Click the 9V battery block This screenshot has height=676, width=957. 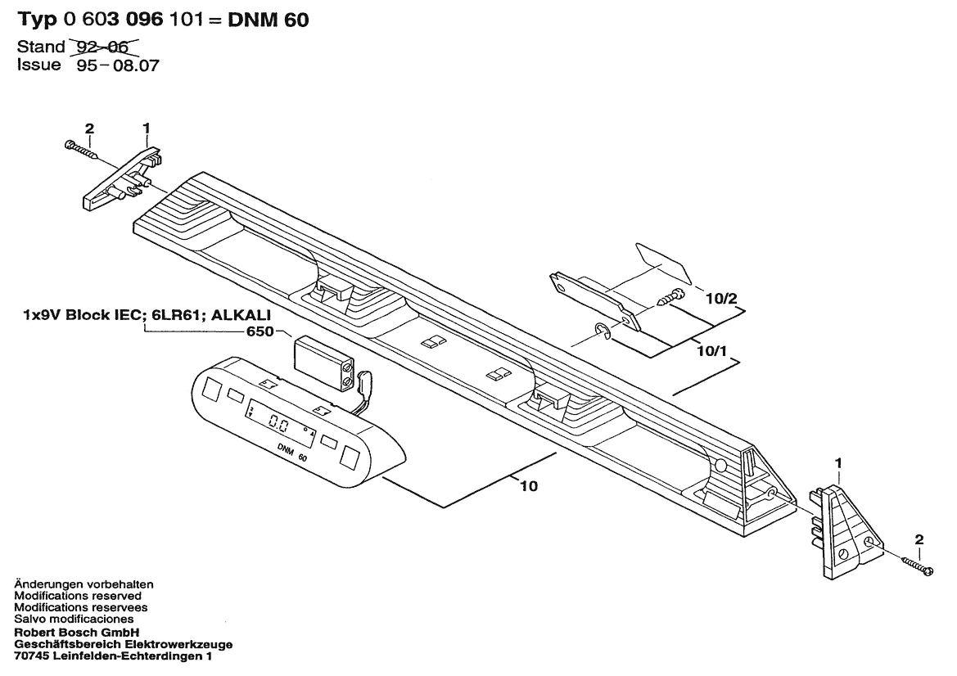coord(323,363)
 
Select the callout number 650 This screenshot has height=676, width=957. coord(260,332)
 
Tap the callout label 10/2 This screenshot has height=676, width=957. coord(721,299)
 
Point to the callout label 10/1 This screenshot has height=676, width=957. coord(712,351)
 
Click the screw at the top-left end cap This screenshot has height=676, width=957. coord(80,151)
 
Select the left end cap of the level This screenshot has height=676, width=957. coord(121,178)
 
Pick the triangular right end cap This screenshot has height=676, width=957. coord(846,524)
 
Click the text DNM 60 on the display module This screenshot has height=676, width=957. coord(292,453)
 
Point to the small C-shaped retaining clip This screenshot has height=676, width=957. coord(602,331)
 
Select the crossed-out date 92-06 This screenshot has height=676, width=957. coord(105,47)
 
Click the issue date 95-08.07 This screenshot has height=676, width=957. coord(118,65)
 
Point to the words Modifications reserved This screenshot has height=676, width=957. coord(78,596)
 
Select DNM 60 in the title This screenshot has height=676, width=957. coord(269,20)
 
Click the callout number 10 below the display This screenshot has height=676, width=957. coord(529,486)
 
